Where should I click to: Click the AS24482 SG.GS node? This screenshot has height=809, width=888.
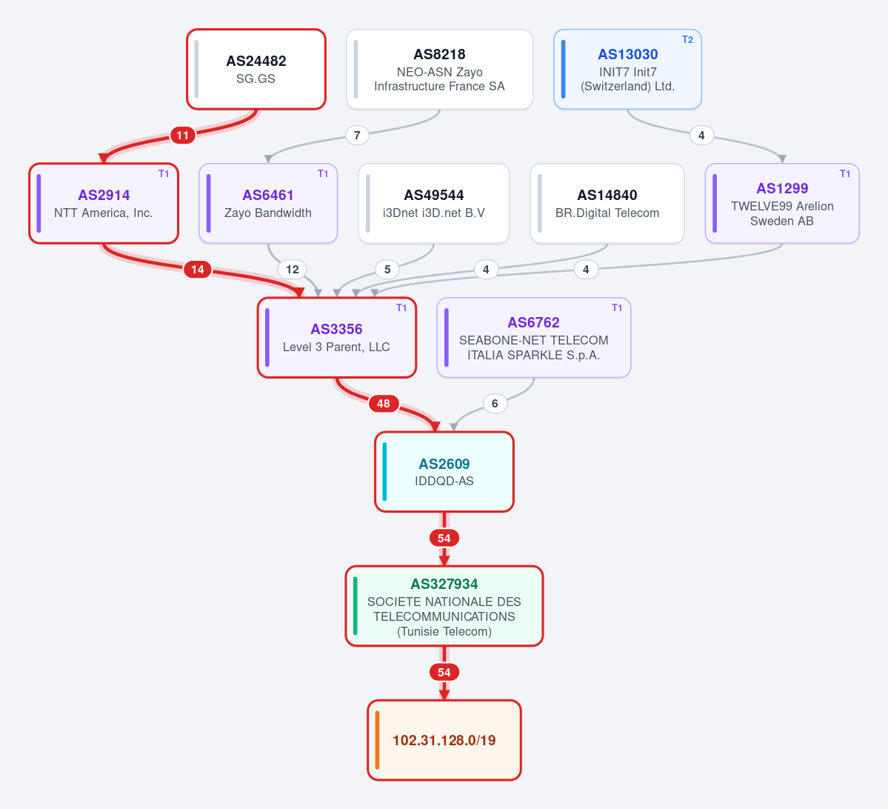click(x=256, y=69)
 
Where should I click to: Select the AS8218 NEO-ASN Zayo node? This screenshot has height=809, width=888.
click(x=439, y=69)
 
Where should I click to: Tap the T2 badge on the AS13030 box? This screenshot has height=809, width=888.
click(x=687, y=40)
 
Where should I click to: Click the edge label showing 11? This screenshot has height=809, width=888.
click(x=182, y=136)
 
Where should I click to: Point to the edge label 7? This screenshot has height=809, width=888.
click(x=357, y=136)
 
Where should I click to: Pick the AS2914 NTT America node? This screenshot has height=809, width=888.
click(x=104, y=204)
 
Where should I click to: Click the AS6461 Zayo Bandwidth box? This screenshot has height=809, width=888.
click(x=268, y=204)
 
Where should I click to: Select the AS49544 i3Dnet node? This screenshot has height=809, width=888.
click(x=434, y=204)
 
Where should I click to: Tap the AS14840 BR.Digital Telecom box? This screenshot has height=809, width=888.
click(x=607, y=204)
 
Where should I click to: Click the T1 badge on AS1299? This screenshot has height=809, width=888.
click(x=845, y=174)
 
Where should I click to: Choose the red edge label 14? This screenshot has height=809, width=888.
click(x=198, y=270)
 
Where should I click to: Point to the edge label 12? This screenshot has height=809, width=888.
click(x=293, y=270)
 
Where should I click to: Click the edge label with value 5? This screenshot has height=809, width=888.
click(x=387, y=270)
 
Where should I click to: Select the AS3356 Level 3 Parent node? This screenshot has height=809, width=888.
click(x=336, y=338)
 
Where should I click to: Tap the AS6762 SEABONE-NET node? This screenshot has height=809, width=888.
click(x=533, y=338)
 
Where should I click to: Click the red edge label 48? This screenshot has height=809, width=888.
click(x=384, y=404)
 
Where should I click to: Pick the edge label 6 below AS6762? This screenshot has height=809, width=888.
click(x=495, y=404)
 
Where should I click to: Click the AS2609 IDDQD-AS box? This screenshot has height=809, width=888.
click(x=444, y=472)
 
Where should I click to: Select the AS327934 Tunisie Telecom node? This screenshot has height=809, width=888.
click(x=444, y=606)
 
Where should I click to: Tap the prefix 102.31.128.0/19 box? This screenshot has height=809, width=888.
click(x=444, y=740)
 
